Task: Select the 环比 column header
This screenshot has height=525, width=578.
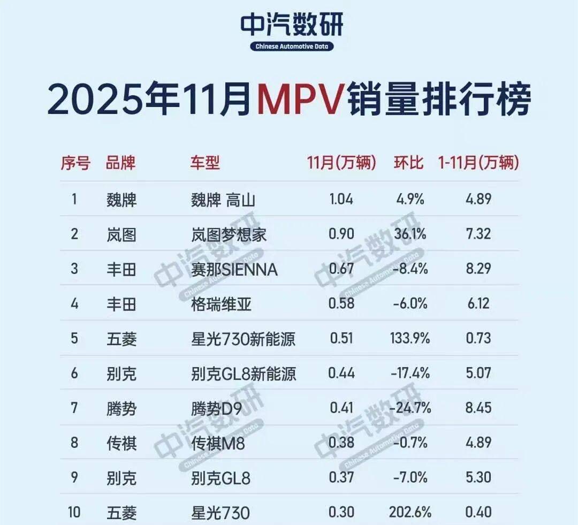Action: coord(409,162)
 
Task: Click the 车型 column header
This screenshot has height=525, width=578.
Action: coord(205,162)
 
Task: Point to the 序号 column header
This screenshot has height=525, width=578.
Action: coord(75,162)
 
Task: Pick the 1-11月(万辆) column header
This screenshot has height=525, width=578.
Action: coord(478,162)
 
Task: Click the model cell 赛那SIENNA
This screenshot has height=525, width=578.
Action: coord(234,269)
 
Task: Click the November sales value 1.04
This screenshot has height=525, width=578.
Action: coord(341,200)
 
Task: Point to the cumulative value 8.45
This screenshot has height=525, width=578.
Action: coord(478,408)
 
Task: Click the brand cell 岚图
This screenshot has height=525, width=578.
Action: coord(121,234)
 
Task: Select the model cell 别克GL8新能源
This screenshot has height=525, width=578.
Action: coord(243,373)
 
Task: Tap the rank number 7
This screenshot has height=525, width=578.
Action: coord(74,408)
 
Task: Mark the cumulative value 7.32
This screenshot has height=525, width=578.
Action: coord(478,234)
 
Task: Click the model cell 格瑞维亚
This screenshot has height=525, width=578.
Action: coord(220,304)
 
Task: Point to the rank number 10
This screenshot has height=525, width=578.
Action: coord(74,512)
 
